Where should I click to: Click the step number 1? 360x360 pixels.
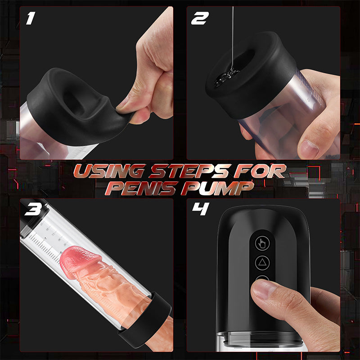(31, 18)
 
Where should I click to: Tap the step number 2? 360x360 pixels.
(200, 18)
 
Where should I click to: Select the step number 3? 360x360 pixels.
(33, 209)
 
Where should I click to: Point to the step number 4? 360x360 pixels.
(201, 209)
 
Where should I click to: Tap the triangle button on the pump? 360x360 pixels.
(262, 262)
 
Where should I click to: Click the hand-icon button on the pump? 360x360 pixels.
(262, 243)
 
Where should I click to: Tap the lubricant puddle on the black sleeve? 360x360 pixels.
(226, 77)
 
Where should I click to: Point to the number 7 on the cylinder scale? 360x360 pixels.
(45, 239)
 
